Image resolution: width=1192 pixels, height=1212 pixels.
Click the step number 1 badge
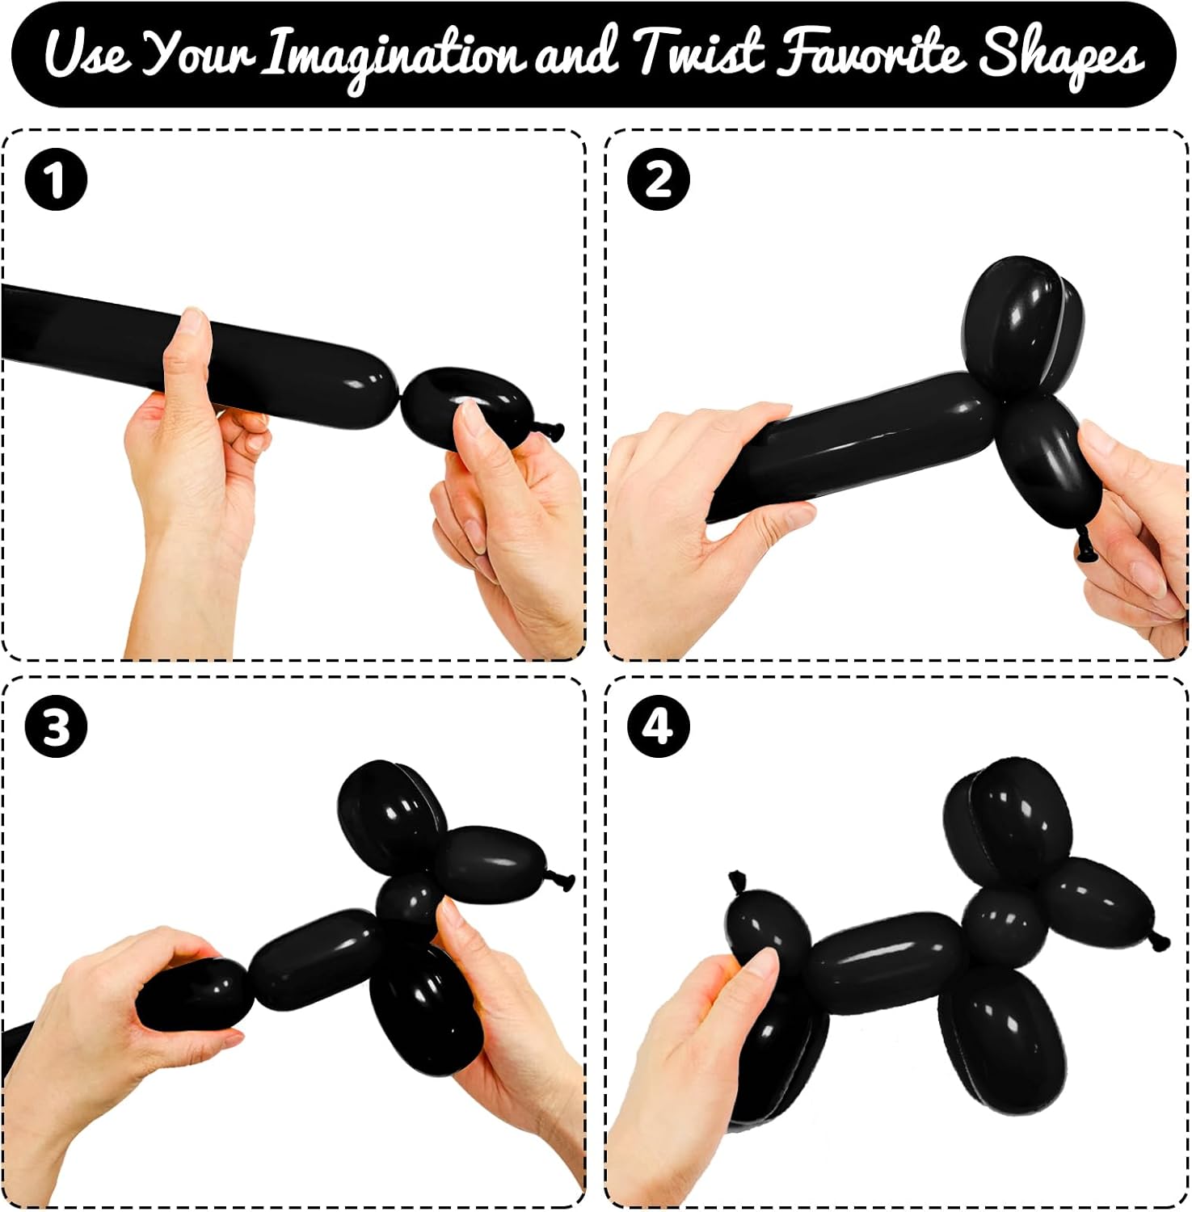click(x=56, y=179)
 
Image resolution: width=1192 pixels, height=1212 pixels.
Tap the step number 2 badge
click(x=659, y=179)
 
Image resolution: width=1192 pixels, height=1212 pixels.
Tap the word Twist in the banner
click(x=699, y=53)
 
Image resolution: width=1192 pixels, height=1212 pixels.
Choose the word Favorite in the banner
click(x=871, y=53)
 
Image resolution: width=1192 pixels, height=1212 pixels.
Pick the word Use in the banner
click(x=86, y=53)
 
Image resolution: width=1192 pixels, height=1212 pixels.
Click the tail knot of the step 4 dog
click(x=738, y=882)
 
